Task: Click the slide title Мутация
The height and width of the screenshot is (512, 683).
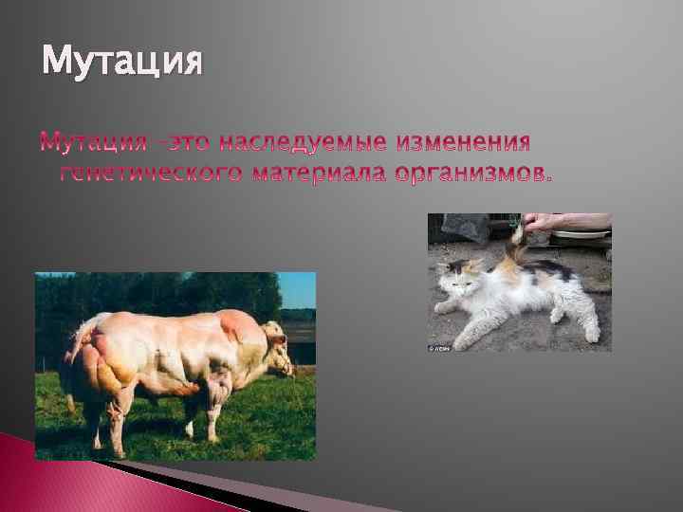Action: point(122,64)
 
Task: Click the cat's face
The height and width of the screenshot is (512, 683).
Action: point(458,276)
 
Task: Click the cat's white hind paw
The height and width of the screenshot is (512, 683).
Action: point(590,332)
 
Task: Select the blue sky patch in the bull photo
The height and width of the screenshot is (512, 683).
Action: point(298,288)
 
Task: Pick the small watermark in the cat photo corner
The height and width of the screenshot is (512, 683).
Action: point(438,347)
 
